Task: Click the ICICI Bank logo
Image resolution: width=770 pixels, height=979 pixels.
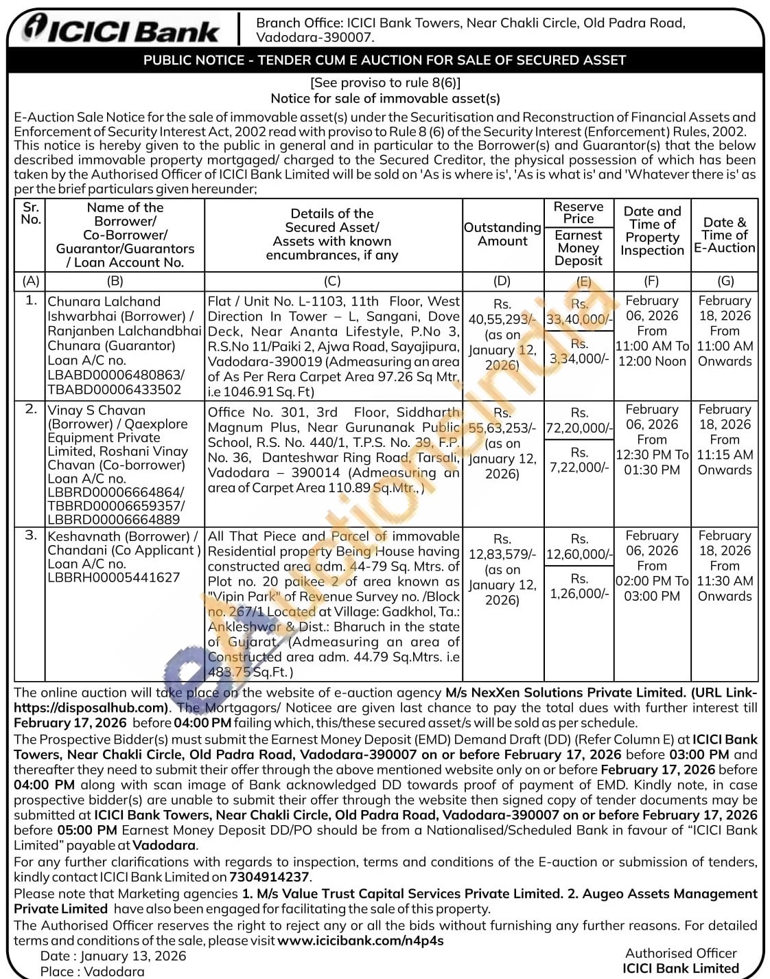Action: [121, 30]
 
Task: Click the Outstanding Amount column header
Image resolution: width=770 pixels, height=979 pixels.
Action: [502, 234]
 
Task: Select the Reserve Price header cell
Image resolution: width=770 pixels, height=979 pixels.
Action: [579, 213]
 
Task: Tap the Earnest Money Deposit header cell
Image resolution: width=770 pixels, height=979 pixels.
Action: [579, 248]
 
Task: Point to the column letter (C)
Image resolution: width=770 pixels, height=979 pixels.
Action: [332, 281]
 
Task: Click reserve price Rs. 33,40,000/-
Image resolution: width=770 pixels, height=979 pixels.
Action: [579, 319]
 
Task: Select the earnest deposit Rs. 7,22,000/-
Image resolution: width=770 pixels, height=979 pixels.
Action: [579, 468]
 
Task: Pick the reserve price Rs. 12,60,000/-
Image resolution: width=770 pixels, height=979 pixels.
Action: [579, 554]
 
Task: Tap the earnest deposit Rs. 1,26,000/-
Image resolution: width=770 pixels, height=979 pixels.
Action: [579, 594]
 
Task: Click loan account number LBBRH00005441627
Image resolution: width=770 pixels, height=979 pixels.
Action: [113, 578]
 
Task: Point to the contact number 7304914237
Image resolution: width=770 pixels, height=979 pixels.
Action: [269, 877]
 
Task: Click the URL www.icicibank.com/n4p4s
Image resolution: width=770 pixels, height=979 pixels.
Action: [361, 941]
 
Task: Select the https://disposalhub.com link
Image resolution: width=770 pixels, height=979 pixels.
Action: [91, 708]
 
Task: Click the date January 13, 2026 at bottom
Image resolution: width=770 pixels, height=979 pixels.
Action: [133, 956]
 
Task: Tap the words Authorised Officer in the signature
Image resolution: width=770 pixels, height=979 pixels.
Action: [681, 953]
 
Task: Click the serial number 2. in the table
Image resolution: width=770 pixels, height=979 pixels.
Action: [31, 409]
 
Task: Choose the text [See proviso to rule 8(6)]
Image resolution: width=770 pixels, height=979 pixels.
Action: [385, 83]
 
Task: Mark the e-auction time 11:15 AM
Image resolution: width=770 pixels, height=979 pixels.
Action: [725, 454]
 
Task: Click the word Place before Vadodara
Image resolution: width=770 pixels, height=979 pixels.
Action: [58, 971]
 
